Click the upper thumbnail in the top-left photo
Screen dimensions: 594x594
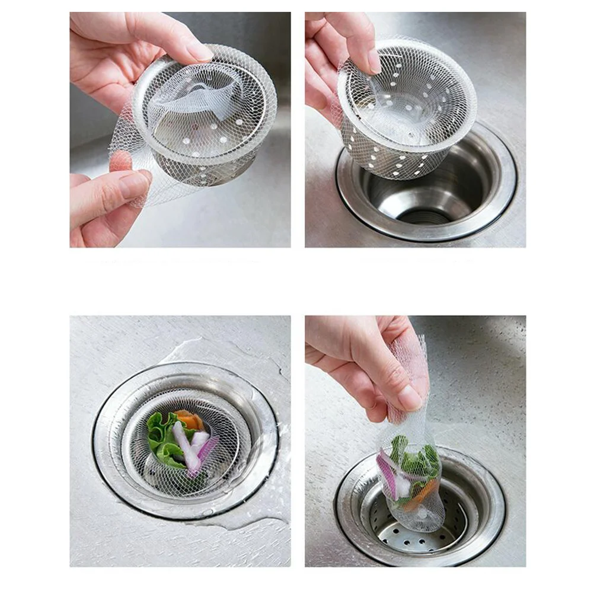coord(199,51)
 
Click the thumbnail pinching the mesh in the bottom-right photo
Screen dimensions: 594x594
coord(409,397)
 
